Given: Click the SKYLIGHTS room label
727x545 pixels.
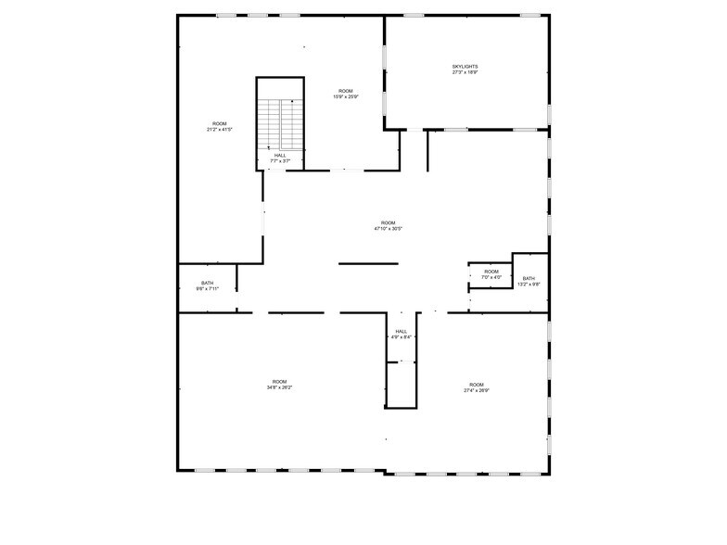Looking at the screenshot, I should pos(465,67).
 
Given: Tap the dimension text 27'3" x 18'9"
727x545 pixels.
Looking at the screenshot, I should pos(465,72).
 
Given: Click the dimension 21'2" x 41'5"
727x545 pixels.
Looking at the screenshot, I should pos(220,129).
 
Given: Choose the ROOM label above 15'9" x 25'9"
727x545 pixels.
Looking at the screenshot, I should pos(346,91).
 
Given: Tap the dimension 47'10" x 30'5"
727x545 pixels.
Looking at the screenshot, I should pos(388,228).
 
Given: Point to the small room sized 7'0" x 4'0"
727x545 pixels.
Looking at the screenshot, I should pos(491,274).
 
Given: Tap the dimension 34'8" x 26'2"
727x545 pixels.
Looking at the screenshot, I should pos(280,387).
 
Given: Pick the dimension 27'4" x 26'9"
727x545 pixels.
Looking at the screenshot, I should pos(477,390).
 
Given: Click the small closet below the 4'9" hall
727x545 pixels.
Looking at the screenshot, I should pos(402,385).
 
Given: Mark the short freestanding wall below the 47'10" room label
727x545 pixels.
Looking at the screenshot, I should pos(368,264).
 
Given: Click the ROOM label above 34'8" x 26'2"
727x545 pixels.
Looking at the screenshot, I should pos(280,381).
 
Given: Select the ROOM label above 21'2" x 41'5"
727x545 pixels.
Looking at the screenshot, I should pos(220,123).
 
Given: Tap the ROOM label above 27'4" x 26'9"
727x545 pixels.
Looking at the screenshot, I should pos(477,385).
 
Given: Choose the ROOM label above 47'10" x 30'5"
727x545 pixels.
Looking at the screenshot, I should pos(388,222).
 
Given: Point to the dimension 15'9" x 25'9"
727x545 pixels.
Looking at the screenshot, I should pos(346,96).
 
